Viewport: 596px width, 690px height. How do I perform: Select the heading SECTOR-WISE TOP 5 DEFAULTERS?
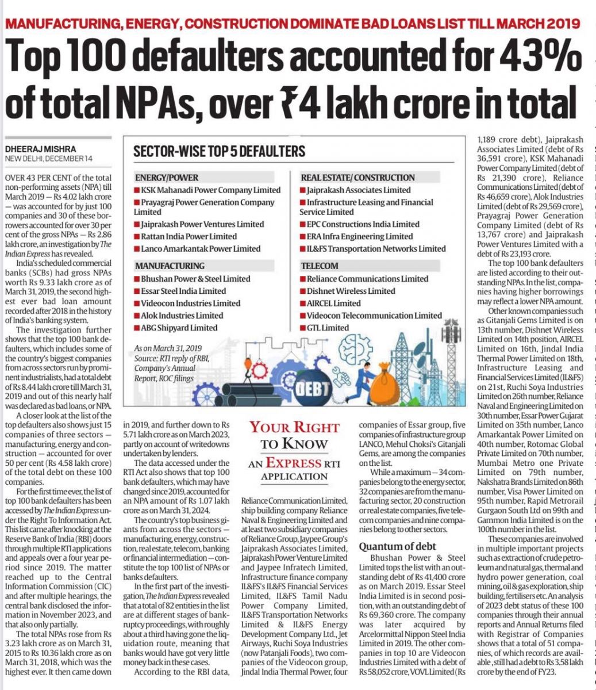219,152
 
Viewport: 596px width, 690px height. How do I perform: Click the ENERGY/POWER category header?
167,178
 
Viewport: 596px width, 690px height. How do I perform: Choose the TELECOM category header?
319,266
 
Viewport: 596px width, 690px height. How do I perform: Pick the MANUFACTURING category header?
170,266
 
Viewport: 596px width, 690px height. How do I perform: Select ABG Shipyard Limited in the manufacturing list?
179,328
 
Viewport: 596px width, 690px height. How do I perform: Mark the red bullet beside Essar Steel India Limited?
137,291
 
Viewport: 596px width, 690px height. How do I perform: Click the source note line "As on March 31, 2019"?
168,348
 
